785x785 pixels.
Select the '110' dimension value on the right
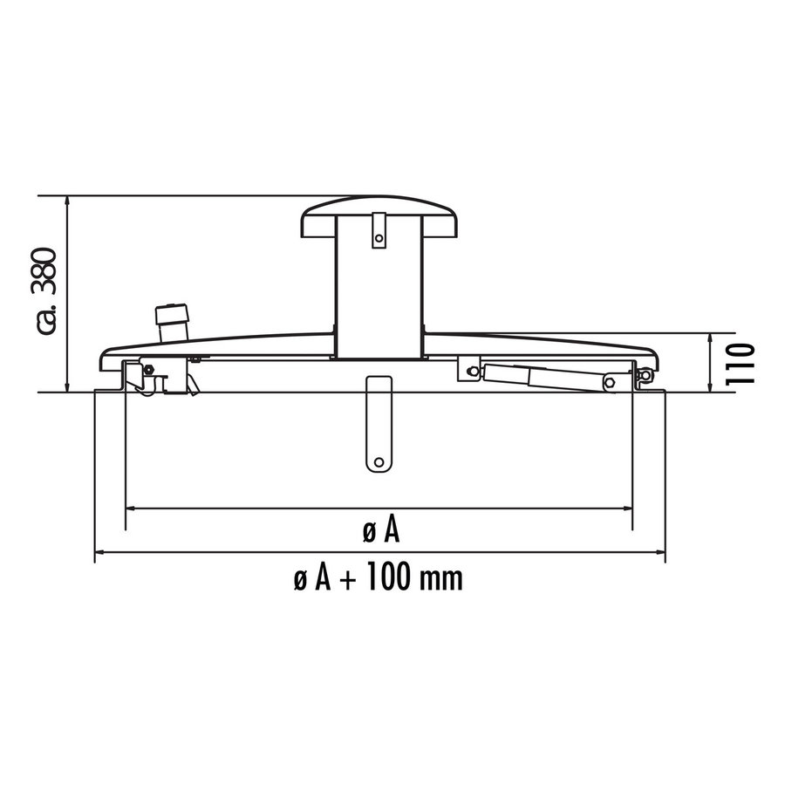pos(742,364)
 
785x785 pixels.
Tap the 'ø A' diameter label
pos(379,529)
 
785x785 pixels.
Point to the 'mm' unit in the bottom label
pos(440,577)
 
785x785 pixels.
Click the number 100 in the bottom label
pos(388,577)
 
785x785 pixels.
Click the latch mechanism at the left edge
pos(148,377)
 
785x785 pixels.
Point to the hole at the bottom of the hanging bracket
pos(379,461)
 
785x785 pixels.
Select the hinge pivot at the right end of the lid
pos(644,376)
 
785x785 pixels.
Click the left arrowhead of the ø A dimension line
pos(131,508)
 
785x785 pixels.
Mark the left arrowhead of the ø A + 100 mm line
pos(99,552)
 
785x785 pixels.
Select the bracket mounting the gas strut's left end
pos(471,371)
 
